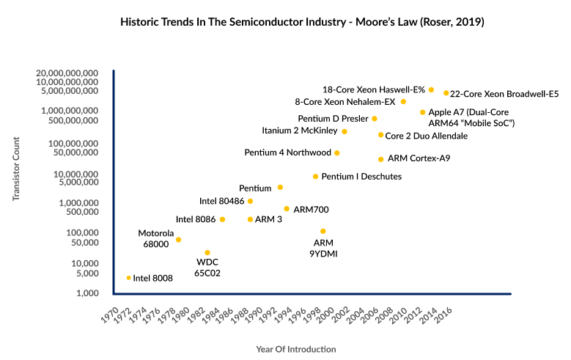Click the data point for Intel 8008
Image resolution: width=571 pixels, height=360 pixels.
click(x=129, y=278)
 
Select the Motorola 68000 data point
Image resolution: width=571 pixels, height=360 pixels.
click(x=178, y=240)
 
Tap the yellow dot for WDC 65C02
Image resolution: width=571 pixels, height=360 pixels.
click(x=207, y=253)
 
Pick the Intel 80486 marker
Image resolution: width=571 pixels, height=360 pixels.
click(x=250, y=201)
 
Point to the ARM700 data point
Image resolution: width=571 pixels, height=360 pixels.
click(x=287, y=209)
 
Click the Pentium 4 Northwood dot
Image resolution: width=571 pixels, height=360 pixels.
click(x=337, y=153)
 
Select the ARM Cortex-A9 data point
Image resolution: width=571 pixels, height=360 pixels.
click(x=380, y=159)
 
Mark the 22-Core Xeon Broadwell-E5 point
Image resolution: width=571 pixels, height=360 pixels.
click(x=446, y=93)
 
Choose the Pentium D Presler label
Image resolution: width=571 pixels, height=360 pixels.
click(x=333, y=119)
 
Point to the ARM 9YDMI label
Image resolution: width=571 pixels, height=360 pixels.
click(x=323, y=248)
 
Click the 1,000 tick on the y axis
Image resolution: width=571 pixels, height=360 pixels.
click(x=84, y=293)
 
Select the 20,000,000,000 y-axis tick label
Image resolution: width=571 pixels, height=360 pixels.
click(x=61, y=73)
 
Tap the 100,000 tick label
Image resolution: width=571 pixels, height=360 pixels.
click(x=79, y=232)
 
